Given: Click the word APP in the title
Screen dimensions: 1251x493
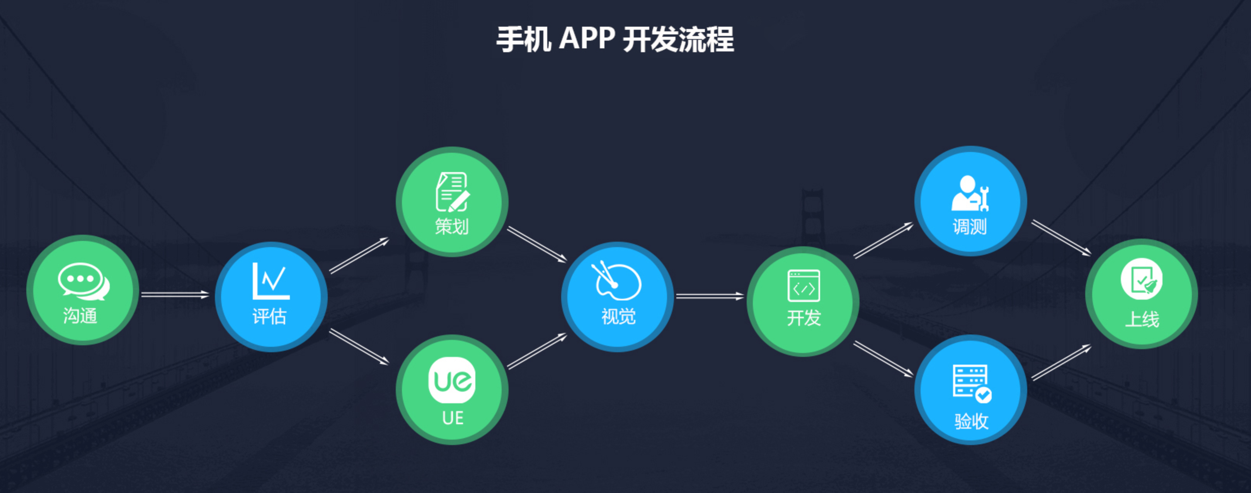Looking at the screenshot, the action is tap(587, 38).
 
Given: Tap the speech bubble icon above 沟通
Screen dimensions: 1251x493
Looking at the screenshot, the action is tap(84, 281).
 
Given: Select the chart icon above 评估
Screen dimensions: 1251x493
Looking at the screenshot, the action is tap(271, 281).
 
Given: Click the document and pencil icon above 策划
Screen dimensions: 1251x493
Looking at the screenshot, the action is tap(453, 192).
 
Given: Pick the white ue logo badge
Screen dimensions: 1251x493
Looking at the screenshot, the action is tap(452, 380).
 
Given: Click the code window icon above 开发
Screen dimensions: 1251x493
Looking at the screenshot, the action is tap(804, 286).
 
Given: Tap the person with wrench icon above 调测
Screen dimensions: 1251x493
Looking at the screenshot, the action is tap(970, 193).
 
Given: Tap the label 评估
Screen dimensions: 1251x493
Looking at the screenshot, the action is tap(269, 317).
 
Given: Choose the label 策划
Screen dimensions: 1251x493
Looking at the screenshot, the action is tap(452, 226).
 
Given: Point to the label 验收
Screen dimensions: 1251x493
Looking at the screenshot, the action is tap(971, 421).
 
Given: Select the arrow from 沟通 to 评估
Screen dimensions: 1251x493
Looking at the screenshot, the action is tap(175, 294).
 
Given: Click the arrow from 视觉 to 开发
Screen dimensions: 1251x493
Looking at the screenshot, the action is tap(710, 296).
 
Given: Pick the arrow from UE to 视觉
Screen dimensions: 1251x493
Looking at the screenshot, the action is tap(537, 351).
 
